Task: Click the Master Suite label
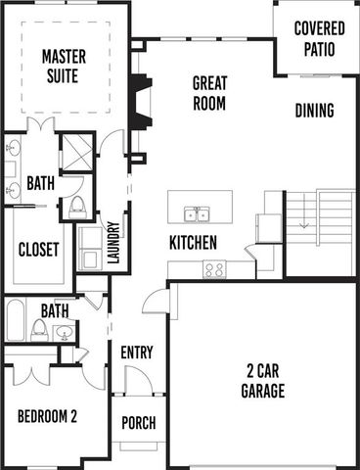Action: tap(64, 65)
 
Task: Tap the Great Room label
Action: tap(209, 92)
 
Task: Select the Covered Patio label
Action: tap(319, 35)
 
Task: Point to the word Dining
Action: tap(314, 111)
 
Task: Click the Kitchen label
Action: tap(193, 242)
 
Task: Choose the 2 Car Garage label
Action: tap(263, 382)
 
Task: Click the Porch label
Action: tap(138, 423)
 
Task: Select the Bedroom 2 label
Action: tap(46, 415)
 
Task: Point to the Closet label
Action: tap(39, 249)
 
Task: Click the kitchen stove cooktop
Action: tap(214, 268)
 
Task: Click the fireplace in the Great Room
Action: tap(141, 104)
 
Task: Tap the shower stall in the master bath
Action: tap(76, 153)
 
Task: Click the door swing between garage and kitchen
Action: tap(157, 301)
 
